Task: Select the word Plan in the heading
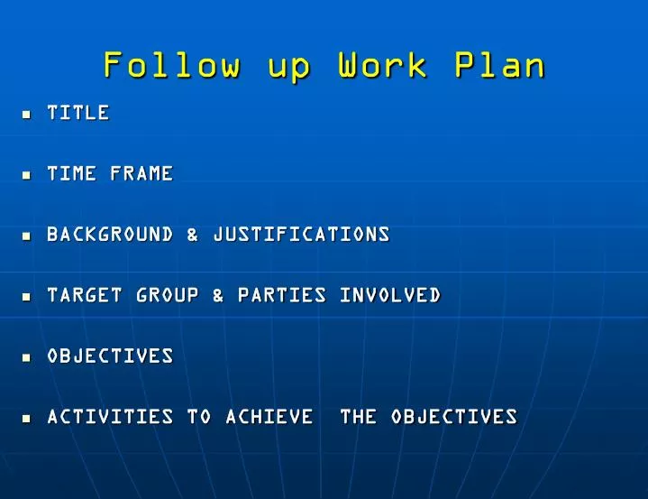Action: pyautogui.click(x=500, y=66)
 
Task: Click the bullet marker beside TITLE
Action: pyautogui.click(x=26, y=115)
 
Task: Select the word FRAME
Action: pyautogui.click(x=141, y=173)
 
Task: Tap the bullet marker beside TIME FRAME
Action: pyautogui.click(x=26, y=175)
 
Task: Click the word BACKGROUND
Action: pyautogui.click(x=110, y=235)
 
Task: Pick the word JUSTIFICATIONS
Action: pyautogui.click(x=301, y=235)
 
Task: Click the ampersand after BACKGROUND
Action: pyautogui.click(x=193, y=235)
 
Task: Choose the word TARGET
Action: pyautogui.click(x=85, y=295)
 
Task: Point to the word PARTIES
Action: pyautogui.click(x=282, y=295)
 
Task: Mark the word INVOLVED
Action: pyautogui.click(x=390, y=295)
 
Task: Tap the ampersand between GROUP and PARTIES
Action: pyautogui.click(x=218, y=295)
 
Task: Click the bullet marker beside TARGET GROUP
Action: pyautogui.click(x=26, y=297)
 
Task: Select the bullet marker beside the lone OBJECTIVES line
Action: pyautogui.click(x=26, y=357)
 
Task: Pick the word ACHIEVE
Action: pyautogui.click(x=269, y=417)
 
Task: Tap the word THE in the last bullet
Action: pyautogui.click(x=358, y=417)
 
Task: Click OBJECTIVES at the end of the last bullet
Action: pyautogui.click(x=454, y=417)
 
